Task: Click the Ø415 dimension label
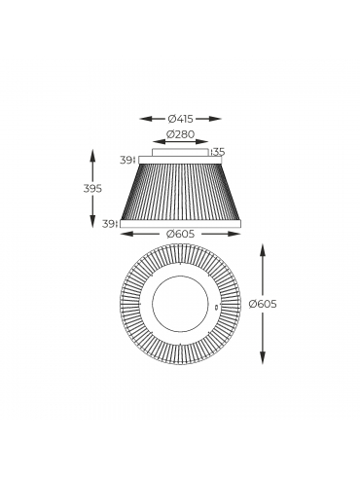(180, 119)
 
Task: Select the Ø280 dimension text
(180, 133)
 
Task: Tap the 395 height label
(92, 188)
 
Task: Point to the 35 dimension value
(219, 152)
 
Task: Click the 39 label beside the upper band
(126, 160)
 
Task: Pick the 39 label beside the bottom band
(108, 224)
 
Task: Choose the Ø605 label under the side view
(180, 234)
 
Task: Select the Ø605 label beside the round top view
(263, 304)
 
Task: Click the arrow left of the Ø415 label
(153, 119)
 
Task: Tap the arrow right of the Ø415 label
(208, 119)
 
